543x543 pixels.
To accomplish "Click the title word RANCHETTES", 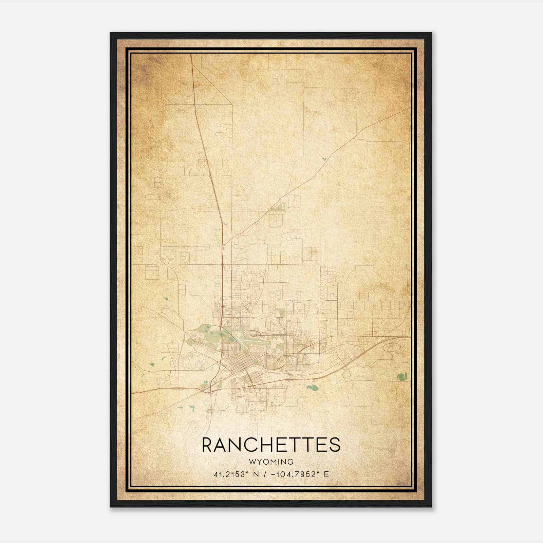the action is pyautogui.click(x=271, y=445).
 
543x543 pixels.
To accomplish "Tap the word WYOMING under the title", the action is pyautogui.click(x=271, y=462).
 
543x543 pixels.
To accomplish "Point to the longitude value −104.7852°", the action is pyautogui.click(x=293, y=474).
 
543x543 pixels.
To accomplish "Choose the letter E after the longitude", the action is pyautogui.click(x=326, y=474).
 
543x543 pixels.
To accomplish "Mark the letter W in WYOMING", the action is pyautogui.click(x=252, y=462).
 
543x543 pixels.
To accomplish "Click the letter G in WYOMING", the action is pyautogui.click(x=291, y=462).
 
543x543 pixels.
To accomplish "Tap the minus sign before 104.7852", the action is pyautogui.click(x=273, y=474).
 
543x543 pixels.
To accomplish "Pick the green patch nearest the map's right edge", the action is pyautogui.click(x=402, y=376).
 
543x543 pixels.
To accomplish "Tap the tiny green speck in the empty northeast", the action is pyautogui.click(x=324, y=158).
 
